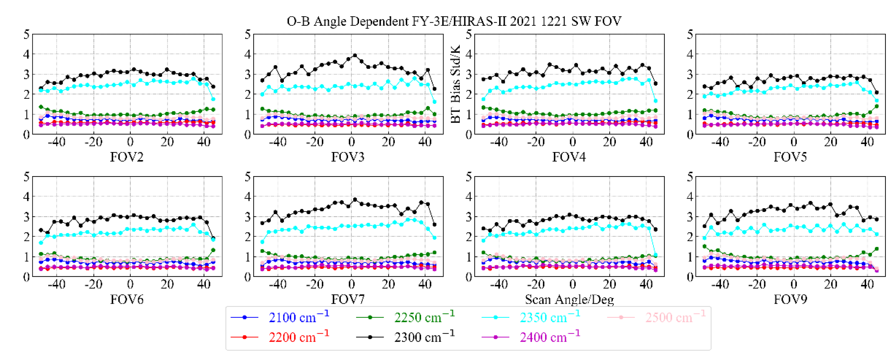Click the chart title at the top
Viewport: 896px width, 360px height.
(454, 22)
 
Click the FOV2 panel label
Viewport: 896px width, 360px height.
(127, 157)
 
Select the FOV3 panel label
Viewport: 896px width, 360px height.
(348, 157)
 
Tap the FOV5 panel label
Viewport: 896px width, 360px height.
(790, 157)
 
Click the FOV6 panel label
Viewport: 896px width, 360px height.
(127, 300)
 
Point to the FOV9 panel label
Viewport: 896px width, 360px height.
(790, 300)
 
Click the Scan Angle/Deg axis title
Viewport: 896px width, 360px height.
(569, 300)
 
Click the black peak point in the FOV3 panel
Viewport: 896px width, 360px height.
(355, 55)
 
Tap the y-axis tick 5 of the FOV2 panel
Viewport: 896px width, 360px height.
(27, 35)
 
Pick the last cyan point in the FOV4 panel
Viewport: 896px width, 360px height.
(656, 101)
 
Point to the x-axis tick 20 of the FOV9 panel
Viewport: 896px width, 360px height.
(830, 285)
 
